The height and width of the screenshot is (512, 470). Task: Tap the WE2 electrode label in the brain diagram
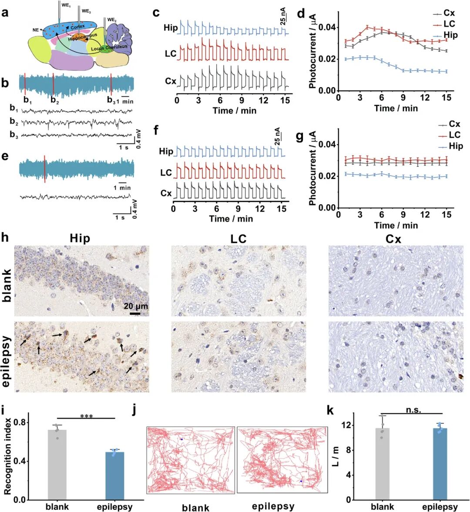click(112, 20)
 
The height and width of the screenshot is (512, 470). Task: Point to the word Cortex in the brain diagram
click(78, 27)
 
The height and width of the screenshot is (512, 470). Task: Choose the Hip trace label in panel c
click(171, 28)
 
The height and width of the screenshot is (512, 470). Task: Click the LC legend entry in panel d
click(449, 24)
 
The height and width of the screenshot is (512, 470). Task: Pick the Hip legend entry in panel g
click(456, 146)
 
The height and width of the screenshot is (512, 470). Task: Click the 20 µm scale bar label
click(135, 306)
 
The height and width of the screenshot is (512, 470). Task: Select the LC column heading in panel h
click(238, 239)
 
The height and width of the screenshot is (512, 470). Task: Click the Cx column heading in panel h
click(393, 239)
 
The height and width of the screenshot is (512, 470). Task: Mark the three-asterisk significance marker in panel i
click(87, 416)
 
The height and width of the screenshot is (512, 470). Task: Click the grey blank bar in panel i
click(57, 465)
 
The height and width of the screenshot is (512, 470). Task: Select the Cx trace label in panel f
click(166, 193)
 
